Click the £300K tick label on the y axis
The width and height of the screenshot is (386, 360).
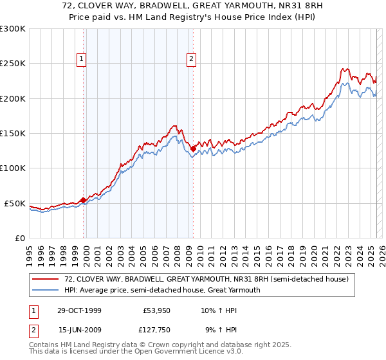[13, 29]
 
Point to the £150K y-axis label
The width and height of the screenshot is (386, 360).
[13, 134]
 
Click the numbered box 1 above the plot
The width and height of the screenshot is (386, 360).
[82, 60]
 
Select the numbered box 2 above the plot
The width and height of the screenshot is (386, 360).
[192, 60]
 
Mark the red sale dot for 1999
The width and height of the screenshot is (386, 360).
[84, 200]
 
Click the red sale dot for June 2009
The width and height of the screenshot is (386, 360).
[193, 148]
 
